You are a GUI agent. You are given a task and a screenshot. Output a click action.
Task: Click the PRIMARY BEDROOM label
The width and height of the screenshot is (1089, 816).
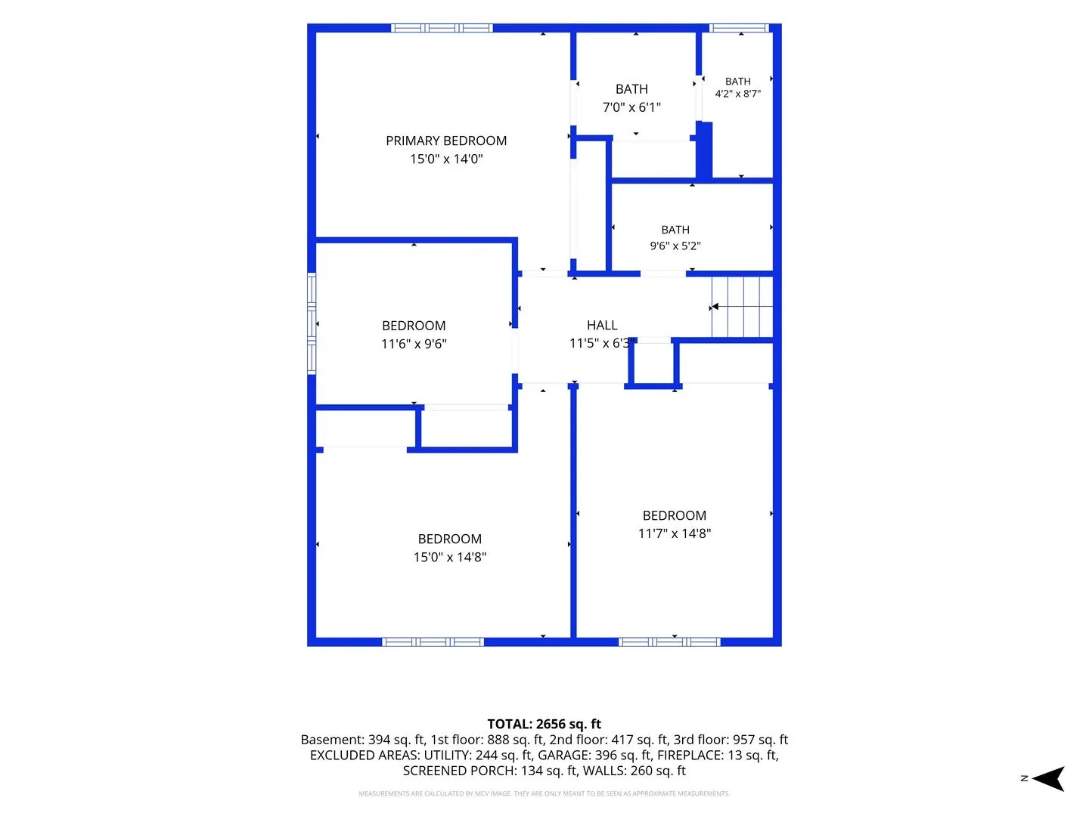click(x=446, y=141)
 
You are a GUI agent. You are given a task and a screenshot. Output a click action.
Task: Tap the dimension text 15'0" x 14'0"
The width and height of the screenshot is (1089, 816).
click(x=446, y=159)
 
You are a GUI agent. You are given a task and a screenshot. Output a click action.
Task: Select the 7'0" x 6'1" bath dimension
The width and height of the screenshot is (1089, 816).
click(x=631, y=107)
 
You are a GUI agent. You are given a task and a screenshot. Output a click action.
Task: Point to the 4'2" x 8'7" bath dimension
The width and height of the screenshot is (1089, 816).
click(x=738, y=94)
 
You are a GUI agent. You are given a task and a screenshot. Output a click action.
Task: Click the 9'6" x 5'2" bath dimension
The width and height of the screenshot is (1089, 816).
click(x=675, y=246)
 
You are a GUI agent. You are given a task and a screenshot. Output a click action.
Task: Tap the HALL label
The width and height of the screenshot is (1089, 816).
click(x=602, y=326)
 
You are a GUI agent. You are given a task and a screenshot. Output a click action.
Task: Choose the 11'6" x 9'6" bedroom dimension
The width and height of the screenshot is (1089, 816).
click(x=414, y=344)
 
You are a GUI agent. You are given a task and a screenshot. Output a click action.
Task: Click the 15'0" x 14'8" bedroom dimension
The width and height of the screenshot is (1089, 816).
click(x=449, y=557)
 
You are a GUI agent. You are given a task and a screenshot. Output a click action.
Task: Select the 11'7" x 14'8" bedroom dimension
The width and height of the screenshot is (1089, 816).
click(x=675, y=533)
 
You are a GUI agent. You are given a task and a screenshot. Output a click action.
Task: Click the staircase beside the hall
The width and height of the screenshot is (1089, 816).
click(x=742, y=307)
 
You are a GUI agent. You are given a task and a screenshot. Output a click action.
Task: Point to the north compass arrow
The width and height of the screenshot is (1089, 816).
click(x=1048, y=778)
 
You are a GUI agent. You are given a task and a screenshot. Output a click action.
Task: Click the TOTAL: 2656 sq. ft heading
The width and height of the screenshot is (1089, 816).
click(x=544, y=724)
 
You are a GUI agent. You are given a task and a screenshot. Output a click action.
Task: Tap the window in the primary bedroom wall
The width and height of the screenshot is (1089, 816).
click(x=442, y=28)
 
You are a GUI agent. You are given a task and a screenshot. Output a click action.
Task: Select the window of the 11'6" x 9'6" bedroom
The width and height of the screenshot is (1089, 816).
click(x=312, y=323)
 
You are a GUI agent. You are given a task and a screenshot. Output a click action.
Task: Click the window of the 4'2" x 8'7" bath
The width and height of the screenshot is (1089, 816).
click(x=739, y=28)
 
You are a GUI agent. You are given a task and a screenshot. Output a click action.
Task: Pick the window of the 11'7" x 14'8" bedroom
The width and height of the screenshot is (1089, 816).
click(x=669, y=642)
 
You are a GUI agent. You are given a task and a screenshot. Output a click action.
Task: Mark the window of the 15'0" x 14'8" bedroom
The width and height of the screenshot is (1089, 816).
click(x=433, y=642)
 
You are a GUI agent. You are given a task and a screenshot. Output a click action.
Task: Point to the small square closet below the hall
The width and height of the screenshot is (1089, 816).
click(x=653, y=363)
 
